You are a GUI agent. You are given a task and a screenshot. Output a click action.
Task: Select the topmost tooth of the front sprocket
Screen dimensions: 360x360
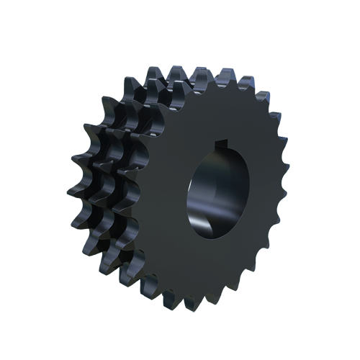click(x=225, y=75)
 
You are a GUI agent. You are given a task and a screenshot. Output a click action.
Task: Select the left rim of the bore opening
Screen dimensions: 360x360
click(x=189, y=191)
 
